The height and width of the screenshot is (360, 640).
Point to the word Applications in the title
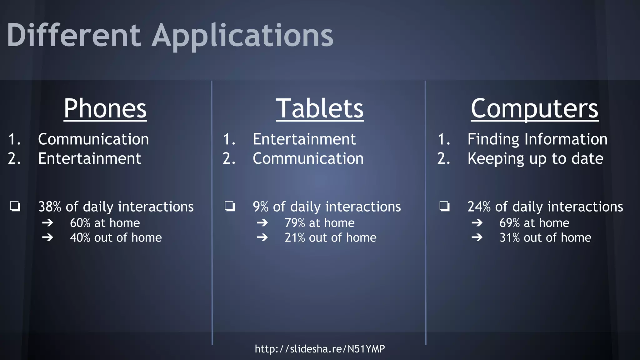pyautogui.click(x=242, y=36)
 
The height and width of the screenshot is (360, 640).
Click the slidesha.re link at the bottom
pyautogui.click(x=320, y=348)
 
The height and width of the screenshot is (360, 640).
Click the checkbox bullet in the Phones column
pyautogui.click(x=15, y=207)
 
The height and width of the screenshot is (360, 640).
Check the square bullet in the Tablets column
pyautogui.click(x=230, y=207)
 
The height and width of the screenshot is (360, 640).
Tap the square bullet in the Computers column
pyautogui.click(x=444, y=207)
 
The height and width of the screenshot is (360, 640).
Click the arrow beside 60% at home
pyautogui.click(x=47, y=223)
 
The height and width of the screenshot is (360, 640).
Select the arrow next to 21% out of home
pyautogui.click(x=262, y=237)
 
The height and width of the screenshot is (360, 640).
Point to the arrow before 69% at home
pyautogui.click(x=477, y=223)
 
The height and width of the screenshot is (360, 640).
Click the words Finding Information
pyautogui.click(x=537, y=139)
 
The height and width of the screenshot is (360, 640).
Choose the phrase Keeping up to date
pyautogui.click(x=535, y=158)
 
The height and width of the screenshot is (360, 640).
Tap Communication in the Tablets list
pyautogui.click(x=308, y=158)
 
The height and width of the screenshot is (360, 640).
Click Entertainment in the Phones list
pyautogui.click(x=89, y=158)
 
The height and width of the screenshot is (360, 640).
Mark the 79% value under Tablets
pyautogui.click(x=295, y=223)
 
